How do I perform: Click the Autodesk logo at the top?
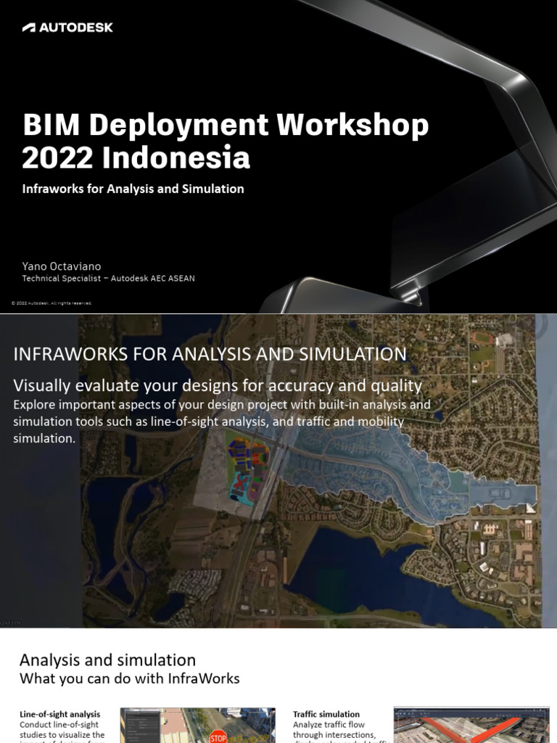[67, 28]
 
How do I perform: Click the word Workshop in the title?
[353, 126]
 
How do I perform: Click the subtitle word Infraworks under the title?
[51, 189]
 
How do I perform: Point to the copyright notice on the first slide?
[51, 303]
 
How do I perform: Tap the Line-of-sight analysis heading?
[59, 715]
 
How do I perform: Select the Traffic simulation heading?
[326, 715]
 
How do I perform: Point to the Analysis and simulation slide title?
[107, 660]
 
